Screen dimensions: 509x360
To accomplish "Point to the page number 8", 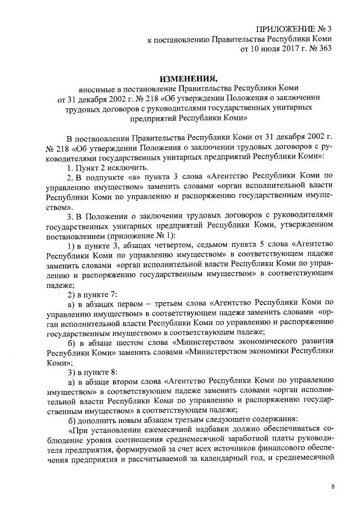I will pyautogui.click(x=332, y=487).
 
